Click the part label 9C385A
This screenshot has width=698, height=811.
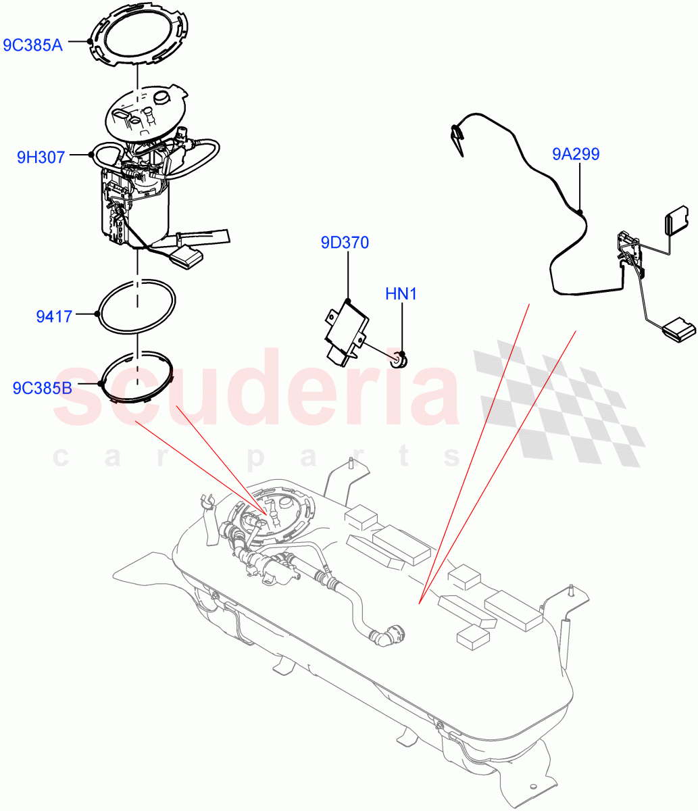point(33,45)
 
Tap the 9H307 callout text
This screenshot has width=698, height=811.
point(41,157)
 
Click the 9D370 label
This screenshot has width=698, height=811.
point(345,243)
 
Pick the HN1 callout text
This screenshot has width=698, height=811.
point(401,295)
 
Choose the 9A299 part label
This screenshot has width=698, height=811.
point(576,155)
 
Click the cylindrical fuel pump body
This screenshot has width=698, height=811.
point(137,210)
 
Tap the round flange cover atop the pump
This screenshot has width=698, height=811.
point(146,112)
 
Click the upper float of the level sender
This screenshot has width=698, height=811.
point(676,222)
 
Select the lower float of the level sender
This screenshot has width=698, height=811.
point(678,330)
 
